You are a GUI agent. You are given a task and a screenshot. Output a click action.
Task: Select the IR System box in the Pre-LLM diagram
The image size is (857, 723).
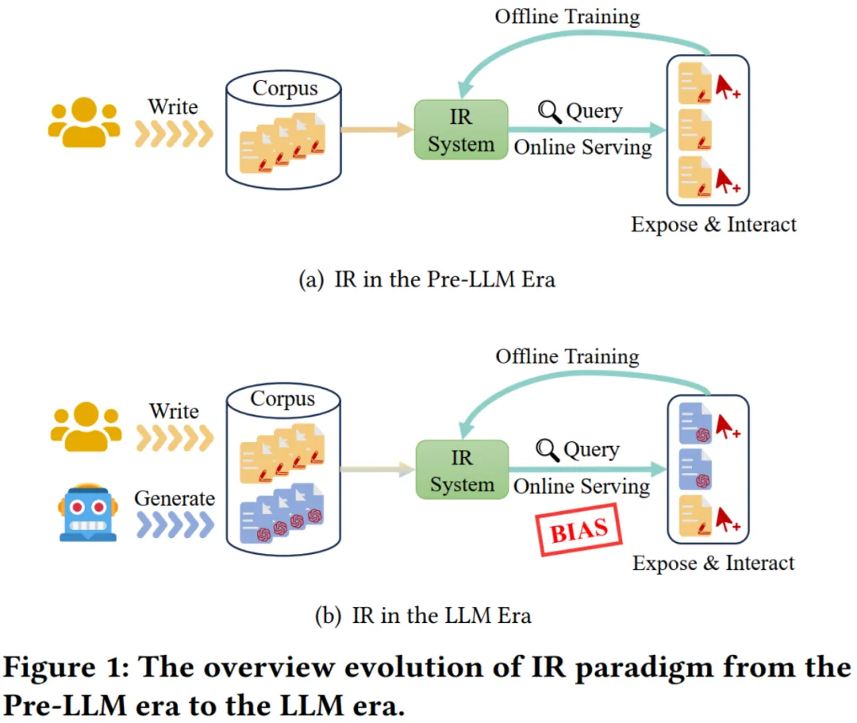(x=460, y=129)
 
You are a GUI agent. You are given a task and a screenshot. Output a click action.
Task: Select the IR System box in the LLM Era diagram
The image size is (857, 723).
(x=462, y=470)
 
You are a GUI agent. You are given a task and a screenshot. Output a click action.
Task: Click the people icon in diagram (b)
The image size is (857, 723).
(x=85, y=429)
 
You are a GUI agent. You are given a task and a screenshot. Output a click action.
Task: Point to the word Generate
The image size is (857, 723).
(x=175, y=498)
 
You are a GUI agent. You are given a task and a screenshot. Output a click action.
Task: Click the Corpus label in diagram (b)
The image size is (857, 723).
(x=283, y=398)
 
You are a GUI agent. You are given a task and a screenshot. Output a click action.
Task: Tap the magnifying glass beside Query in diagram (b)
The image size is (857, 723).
(x=548, y=450)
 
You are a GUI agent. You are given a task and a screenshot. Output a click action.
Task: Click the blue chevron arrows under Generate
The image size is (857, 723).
(x=175, y=524)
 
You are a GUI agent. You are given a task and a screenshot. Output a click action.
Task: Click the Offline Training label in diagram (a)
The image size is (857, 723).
(x=567, y=16)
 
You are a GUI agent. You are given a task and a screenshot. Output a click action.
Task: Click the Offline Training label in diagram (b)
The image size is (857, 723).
(x=567, y=356)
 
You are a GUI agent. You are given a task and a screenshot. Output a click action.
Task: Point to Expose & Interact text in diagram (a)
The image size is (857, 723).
(x=713, y=225)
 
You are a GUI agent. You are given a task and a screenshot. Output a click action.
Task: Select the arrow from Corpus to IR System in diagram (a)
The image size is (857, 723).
(x=373, y=129)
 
